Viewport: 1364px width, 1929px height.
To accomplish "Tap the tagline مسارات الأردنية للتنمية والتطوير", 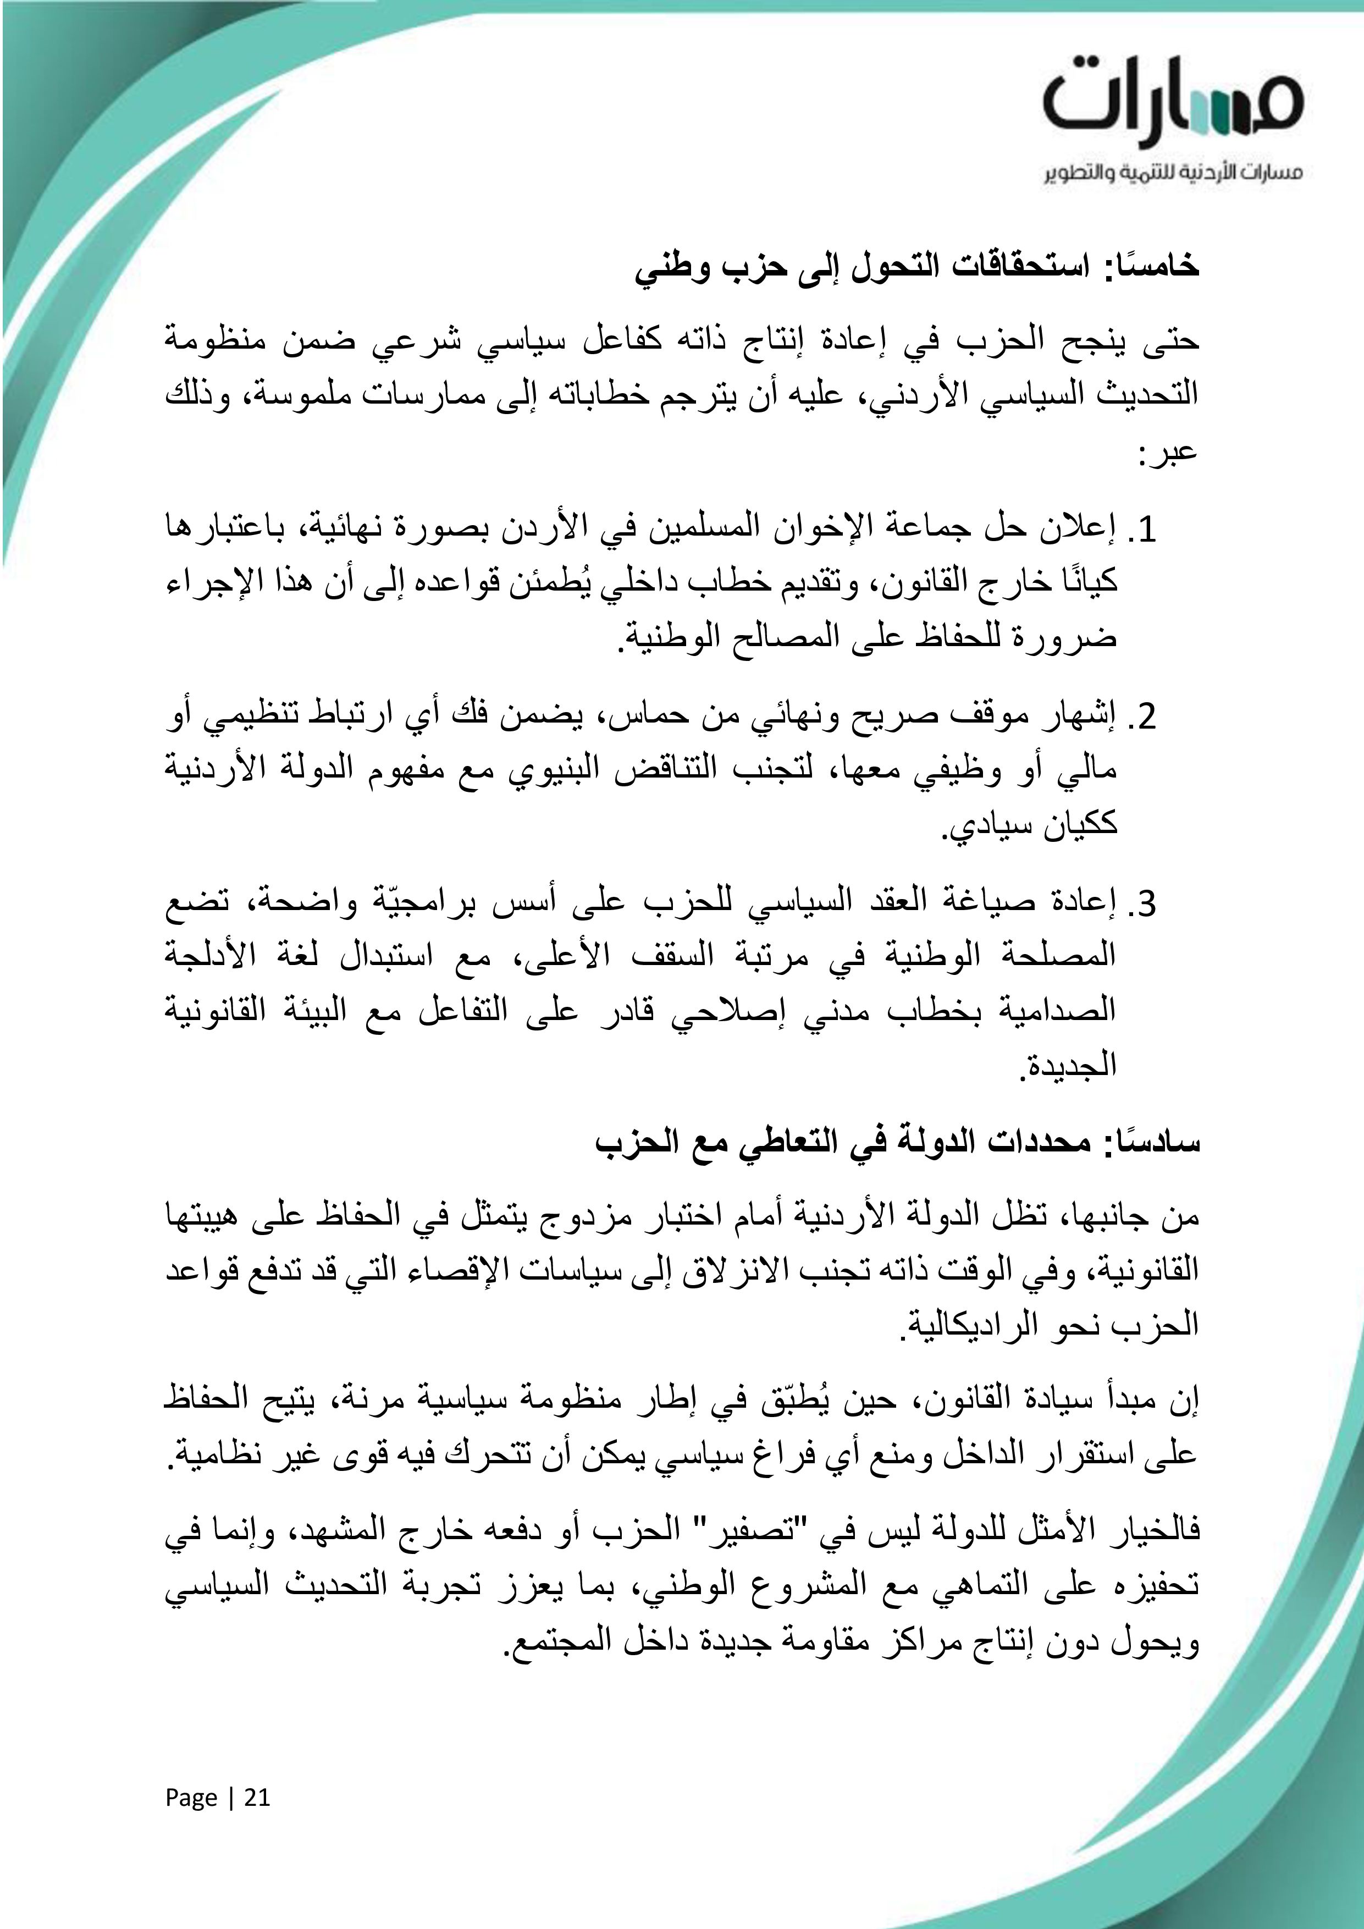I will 1173,174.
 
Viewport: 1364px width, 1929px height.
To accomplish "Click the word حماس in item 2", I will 649,716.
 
